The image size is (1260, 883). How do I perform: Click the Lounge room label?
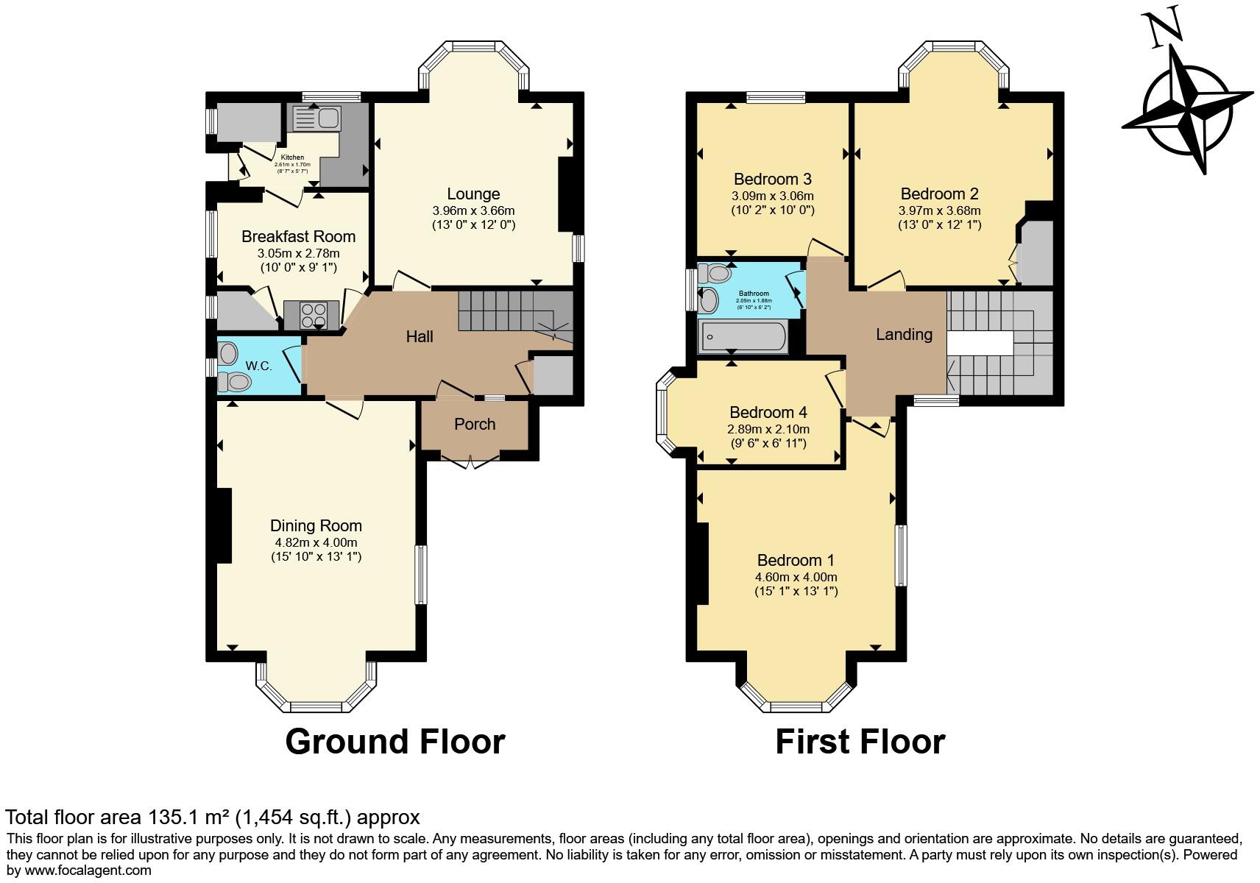pyautogui.click(x=473, y=194)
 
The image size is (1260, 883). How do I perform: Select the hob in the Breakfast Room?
pyautogui.click(x=311, y=315)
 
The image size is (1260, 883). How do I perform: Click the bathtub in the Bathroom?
pyautogui.click(x=742, y=337)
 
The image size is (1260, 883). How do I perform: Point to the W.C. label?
pyautogui.click(x=258, y=366)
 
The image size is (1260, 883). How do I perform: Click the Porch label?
pyautogui.click(x=475, y=425)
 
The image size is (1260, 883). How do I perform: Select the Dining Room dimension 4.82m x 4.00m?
pyautogui.click(x=316, y=542)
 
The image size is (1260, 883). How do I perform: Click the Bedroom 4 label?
pyautogui.click(x=768, y=413)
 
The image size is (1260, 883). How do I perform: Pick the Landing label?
pyautogui.click(x=904, y=335)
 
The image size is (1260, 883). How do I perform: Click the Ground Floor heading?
pyautogui.click(x=395, y=742)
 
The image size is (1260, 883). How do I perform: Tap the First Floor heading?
pyautogui.click(x=860, y=742)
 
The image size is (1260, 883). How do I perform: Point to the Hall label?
pyautogui.click(x=420, y=337)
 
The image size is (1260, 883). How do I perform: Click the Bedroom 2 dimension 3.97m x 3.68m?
pyautogui.click(x=939, y=210)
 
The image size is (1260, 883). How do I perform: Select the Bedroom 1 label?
pyautogui.click(x=796, y=561)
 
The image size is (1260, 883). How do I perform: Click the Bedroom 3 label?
pyautogui.click(x=772, y=180)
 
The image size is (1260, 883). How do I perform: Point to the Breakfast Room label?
pyautogui.click(x=298, y=237)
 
